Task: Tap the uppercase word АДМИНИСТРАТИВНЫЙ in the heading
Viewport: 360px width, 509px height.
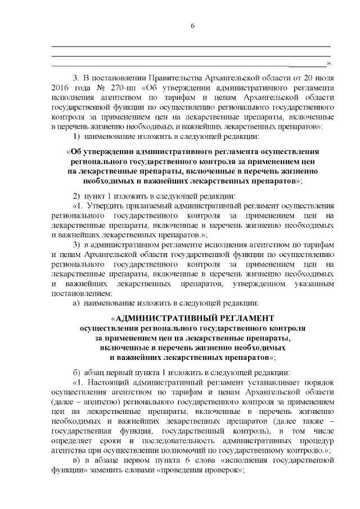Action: click(168, 317)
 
